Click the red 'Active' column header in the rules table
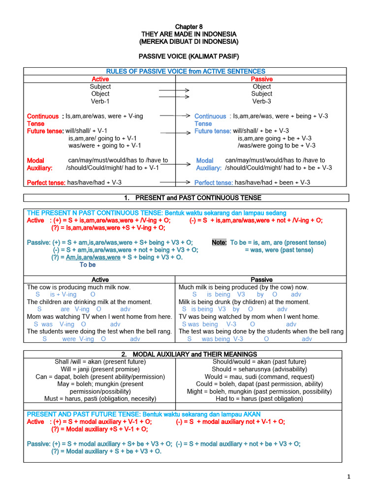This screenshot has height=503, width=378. point(100,79)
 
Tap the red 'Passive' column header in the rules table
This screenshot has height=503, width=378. point(262,79)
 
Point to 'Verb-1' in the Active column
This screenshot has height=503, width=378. point(100,101)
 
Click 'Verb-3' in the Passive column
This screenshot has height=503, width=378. point(262,101)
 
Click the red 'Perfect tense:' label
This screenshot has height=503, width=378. point(46,182)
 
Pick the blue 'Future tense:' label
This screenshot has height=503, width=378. point(213,131)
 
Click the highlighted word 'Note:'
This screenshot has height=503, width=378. point(219,243)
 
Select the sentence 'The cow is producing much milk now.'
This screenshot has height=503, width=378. point(79,287)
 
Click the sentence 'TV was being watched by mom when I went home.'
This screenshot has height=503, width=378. point(249,317)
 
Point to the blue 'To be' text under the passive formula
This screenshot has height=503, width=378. point(88,265)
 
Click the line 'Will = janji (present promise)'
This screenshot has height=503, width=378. point(100,369)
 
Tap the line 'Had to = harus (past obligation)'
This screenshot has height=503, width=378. point(259,399)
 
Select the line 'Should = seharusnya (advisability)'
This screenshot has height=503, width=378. point(259,369)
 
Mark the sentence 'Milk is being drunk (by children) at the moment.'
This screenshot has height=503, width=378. point(244,302)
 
